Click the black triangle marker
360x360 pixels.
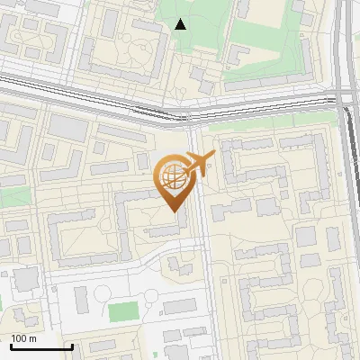pos(181,24)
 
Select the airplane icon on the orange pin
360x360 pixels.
pos(198,165)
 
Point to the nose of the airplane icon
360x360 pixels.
pos(212,157)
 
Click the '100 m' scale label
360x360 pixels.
pos(24,338)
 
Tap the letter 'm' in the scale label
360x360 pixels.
pos(33,338)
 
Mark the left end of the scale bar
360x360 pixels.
pos(11,346)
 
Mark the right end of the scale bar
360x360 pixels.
pos(72,346)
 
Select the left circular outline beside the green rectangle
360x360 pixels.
pos(102,292)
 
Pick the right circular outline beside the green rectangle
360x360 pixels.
pos(149,292)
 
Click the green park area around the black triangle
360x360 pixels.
pos(193,18)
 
